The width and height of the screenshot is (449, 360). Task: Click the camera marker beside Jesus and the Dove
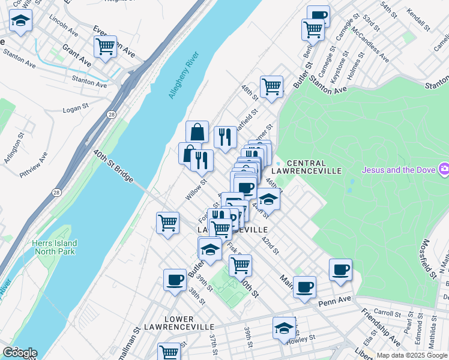(444, 170)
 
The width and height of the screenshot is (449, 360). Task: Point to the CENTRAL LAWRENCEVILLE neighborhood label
(306, 167)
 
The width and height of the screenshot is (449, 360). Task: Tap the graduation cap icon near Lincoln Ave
(21, 21)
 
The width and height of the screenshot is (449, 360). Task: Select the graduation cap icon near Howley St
(284, 328)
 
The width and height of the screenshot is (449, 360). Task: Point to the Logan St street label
(76, 110)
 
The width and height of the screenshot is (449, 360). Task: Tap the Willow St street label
(196, 190)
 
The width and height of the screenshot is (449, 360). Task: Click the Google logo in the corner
(19, 353)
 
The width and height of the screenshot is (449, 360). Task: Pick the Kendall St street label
(418, 20)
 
